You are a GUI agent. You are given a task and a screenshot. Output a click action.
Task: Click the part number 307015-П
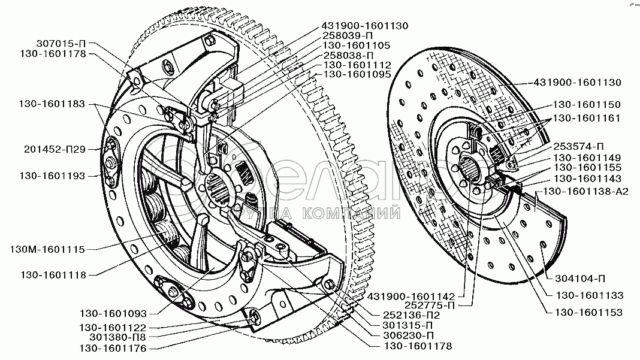coord(62,43)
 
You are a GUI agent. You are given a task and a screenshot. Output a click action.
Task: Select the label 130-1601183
coord(52,104)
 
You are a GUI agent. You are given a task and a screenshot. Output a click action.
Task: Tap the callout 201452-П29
coord(55,149)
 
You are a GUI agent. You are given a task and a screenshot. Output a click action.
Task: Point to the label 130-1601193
coord(52,176)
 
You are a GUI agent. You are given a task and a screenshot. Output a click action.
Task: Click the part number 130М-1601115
coord(47,249)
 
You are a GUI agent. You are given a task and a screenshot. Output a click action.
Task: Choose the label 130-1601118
coord(53,275)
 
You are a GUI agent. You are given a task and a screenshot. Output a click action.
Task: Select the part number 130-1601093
coord(113,313)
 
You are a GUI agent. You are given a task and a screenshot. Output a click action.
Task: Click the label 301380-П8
coord(117,337)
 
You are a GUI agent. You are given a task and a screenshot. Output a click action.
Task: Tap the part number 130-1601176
coord(113,348)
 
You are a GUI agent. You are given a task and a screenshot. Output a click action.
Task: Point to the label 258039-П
coord(348,35)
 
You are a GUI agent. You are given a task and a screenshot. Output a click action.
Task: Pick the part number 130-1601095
coord(357,74)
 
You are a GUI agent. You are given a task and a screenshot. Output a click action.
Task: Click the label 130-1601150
coord(587,104)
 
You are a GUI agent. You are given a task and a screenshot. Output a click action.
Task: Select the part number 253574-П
coord(578,147)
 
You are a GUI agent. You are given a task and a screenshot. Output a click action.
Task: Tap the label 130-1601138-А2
coord(585,191)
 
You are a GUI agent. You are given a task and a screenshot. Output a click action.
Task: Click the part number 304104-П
coord(580,279)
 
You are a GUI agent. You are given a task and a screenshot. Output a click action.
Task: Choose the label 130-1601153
coord(588,312)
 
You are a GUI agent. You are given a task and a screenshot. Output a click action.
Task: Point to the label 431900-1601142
coord(411,297)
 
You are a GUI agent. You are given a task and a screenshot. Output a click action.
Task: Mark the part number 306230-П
coord(407,335)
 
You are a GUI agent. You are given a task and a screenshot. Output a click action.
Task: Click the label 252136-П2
coord(412,315)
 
